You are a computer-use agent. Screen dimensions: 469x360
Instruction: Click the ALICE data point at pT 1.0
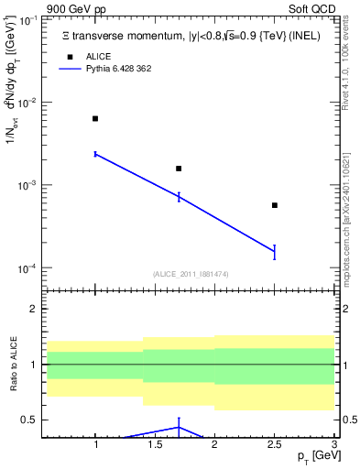click(x=95, y=118)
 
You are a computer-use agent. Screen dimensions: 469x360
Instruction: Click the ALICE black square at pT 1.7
click(x=179, y=169)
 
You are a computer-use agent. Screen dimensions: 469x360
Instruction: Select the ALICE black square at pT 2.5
click(x=275, y=205)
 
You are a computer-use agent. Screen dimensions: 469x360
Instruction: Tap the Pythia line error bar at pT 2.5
click(x=275, y=253)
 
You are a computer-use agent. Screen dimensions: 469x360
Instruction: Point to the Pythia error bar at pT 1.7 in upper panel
click(x=179, y=196)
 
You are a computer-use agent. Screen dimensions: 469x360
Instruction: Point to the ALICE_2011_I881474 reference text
click(x=190, y=274)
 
